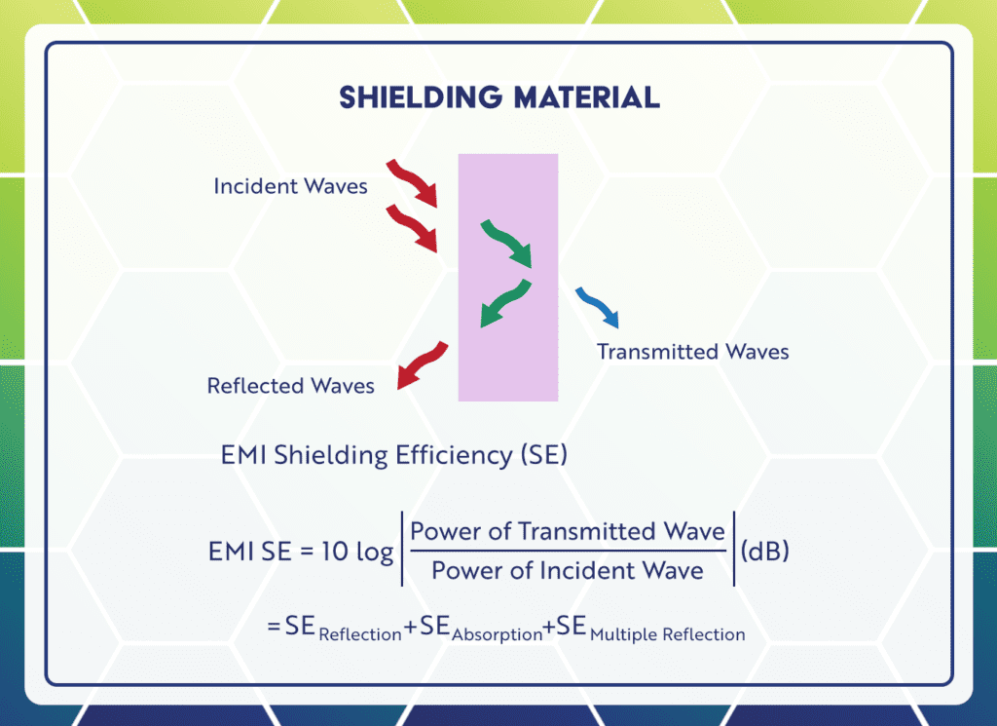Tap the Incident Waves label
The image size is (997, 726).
click(x=290, y=186)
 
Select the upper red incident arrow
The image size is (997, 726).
click(x=413, y=183)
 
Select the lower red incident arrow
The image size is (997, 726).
click(x=413, y=228)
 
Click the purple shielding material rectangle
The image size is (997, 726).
click(x=508, y=361)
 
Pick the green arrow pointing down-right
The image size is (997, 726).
click(x=507, y=243)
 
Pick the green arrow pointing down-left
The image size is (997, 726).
click(x=505, y=303)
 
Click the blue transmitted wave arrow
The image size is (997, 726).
click(x=596, y=306)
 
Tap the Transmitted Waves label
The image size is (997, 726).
click(x=692, y=352)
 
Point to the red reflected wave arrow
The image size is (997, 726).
click(x=422, y=366)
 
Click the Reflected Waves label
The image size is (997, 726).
click(x=290, y=386)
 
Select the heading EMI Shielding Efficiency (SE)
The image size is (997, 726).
click(x=394, y=455)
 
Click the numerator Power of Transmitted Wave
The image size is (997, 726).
click(x=568, y=531)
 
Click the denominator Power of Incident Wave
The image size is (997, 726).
click(x=567, y=571)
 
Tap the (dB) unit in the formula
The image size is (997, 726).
click(x=764, y=552)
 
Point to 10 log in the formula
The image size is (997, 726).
click(x=357, y=552)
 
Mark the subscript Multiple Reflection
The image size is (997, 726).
click(x=667, y=635)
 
